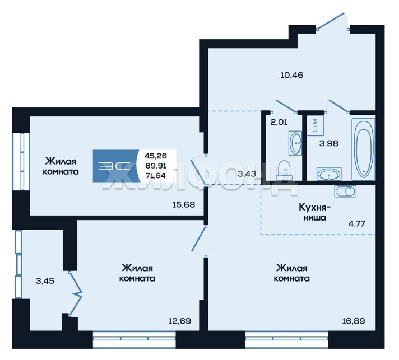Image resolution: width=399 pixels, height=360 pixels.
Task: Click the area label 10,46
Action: [x=291, y=75]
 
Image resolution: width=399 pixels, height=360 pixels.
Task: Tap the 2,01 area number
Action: [x=279, y=122]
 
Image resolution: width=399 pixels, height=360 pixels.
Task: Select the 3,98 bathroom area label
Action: [x=329, y=143]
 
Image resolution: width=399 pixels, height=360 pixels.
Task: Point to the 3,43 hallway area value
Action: [x=247, y=174]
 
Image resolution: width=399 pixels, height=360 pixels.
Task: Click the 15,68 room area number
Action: [x=184, y=204]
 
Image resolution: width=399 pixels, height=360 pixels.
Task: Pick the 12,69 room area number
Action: [x=180, y=321]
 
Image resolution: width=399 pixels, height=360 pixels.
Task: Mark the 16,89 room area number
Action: [x=354, y=321]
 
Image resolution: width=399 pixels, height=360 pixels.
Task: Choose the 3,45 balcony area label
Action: [x=45, y=281]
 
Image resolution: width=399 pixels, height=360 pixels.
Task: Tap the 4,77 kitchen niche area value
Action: [x=357, y=224]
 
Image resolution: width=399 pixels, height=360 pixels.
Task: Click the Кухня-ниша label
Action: [x=314, y=212]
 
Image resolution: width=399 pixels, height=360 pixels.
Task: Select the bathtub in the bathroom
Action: [x=363, y=149]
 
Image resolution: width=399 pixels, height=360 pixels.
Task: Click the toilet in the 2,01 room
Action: [x=284, y=170]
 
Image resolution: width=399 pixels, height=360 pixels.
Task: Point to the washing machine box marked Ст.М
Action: [x=316, y=125]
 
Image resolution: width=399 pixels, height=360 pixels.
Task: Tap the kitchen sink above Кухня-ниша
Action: [x=345, y=191]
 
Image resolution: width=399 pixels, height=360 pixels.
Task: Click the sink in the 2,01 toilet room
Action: [x=295, y=143]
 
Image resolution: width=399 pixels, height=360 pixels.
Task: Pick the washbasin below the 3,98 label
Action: [x=329, y=174]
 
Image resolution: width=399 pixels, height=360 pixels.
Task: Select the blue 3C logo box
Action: [x=116, y=166]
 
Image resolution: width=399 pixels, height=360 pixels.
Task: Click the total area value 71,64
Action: [x=155, y=175]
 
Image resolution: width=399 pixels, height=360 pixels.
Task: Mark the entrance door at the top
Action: [x=332, y=21]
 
